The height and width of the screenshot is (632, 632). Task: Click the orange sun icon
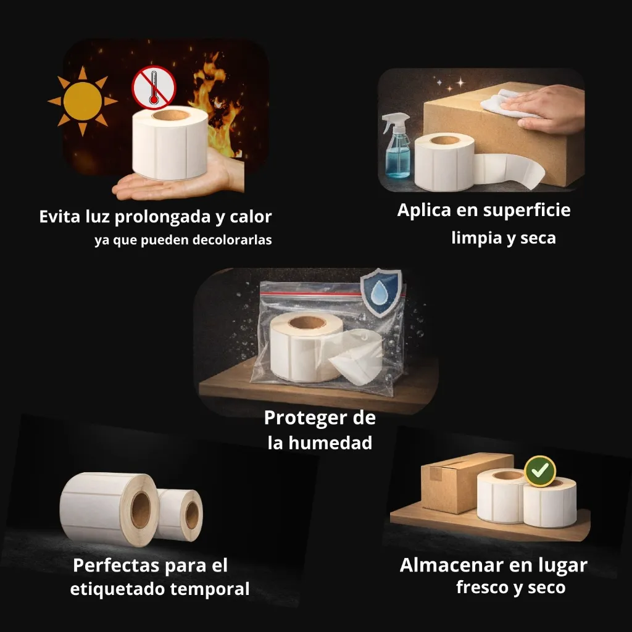click(82, 101)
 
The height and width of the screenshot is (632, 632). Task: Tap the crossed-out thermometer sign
click(154, 88)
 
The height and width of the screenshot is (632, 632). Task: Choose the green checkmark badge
click(540, 472)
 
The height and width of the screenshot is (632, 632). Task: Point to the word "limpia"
click(476, 238)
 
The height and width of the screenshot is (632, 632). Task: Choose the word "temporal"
click(210, 589)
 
